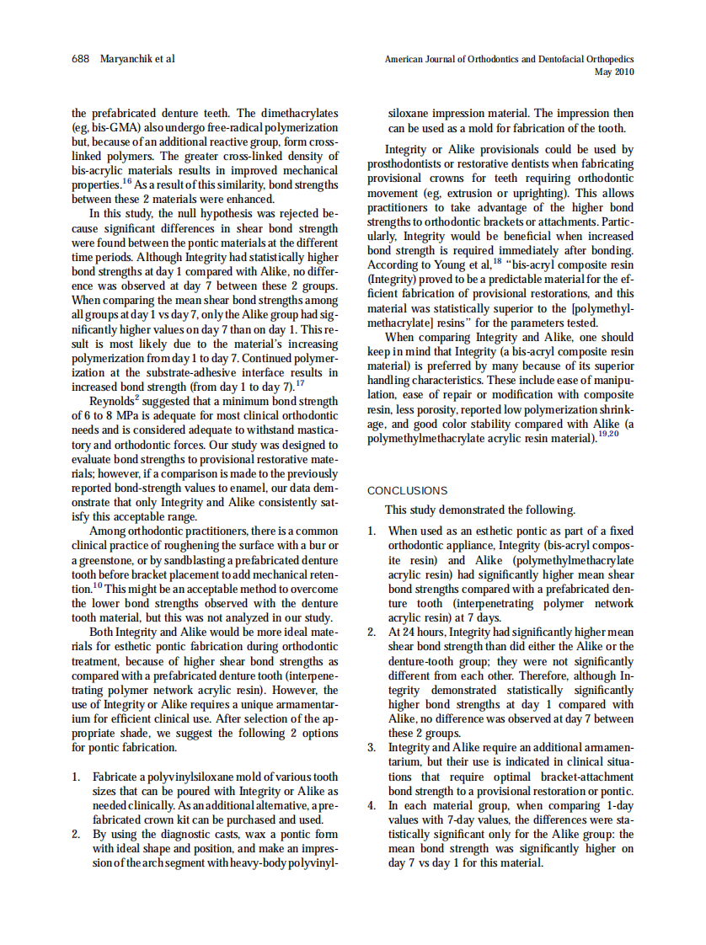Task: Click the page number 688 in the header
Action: tap(82, 59)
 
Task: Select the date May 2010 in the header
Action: tap(613, 72)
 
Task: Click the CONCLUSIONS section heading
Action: tap(408, 490)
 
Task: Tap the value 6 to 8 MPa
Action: tap(111, 415)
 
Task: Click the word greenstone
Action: tap(106, 560)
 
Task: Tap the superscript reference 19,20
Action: tap(608, 434)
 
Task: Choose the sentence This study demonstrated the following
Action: tap(480, 510)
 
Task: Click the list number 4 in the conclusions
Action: tap(372, 805)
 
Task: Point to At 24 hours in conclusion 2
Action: tap(416, 633)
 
